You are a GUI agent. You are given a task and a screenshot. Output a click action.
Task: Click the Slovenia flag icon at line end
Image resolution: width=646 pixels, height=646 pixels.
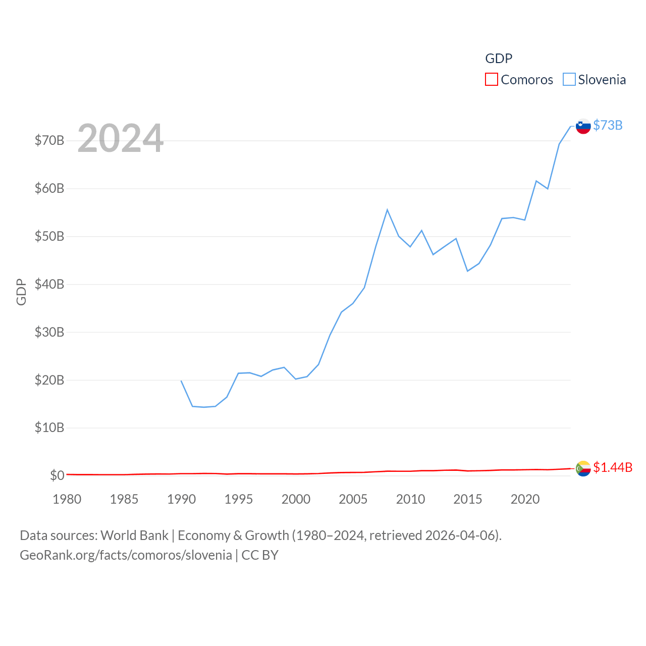coord(583,126)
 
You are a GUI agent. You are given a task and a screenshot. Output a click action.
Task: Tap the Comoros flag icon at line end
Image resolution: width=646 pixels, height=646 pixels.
coord(583,468)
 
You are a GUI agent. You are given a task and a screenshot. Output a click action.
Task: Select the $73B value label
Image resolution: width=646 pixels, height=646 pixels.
coord(608,125)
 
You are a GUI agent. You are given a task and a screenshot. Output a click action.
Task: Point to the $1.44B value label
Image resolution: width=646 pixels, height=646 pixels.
coord(613,467)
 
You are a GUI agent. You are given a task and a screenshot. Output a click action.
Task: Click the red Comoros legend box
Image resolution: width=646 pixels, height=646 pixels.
coord(491,80)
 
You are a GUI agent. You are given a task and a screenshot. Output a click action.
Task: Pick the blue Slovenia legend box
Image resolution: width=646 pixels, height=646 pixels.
coord(569,80)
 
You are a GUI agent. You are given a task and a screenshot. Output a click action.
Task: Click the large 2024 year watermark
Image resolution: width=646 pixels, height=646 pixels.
coord(120,138)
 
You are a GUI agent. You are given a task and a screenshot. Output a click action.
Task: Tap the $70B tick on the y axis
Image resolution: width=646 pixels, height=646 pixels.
coord(49,140)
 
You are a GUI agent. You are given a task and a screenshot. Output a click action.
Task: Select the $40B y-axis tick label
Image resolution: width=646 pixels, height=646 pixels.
coord(49,284)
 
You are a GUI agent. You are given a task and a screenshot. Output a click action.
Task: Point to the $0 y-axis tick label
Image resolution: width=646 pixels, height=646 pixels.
coord(57,475)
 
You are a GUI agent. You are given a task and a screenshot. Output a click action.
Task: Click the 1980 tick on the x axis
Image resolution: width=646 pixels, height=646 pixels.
coord(67,499)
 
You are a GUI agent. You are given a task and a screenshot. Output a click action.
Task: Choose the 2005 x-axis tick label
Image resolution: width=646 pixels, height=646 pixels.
coord(353,499)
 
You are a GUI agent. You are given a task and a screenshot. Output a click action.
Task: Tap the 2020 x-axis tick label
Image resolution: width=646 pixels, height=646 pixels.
coord(525,499)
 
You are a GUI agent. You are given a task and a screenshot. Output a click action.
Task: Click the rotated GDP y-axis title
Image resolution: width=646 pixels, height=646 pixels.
coord(21,292)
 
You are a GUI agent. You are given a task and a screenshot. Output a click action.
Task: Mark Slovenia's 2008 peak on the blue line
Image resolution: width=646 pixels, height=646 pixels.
coord(387,209)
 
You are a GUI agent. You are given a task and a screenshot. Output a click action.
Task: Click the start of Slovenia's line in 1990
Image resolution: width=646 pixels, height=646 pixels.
coord(181,381)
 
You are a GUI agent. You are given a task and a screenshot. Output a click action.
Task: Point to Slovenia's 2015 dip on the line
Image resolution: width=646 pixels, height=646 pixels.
coord(467,271)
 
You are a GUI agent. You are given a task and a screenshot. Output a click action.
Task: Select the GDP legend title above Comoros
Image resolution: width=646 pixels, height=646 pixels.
coord(499,59)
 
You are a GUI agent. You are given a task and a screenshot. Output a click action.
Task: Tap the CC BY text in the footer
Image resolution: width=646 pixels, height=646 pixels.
coord(260,555)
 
